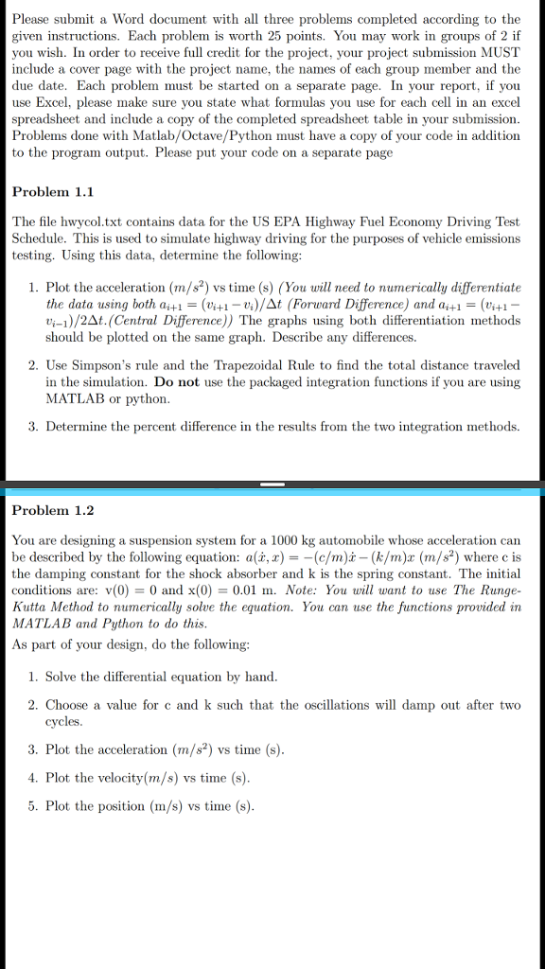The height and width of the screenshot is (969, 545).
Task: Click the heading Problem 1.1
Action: [x=52, y=191]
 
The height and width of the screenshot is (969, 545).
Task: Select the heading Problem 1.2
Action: [x=52, y=510]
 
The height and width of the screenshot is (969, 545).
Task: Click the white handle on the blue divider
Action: [x=272, y=485]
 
